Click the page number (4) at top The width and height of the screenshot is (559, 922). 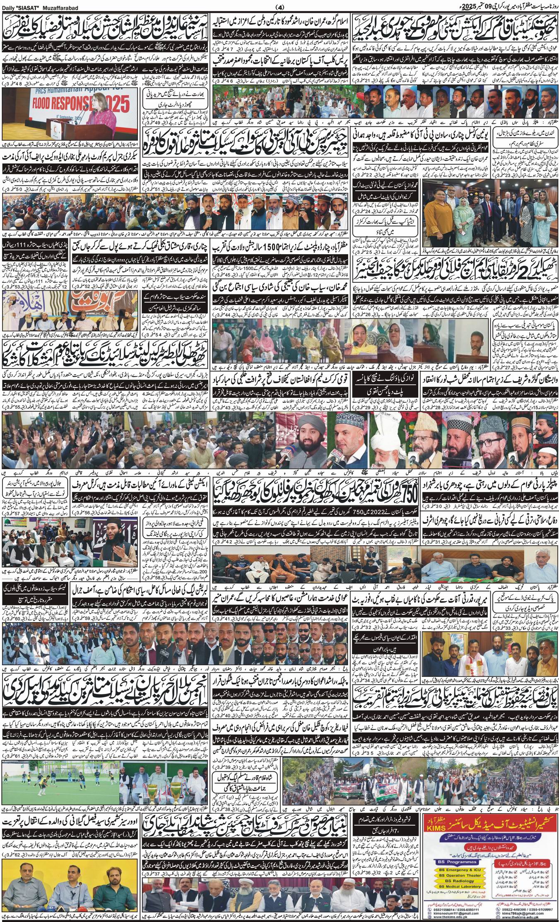tap(279, 7)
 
